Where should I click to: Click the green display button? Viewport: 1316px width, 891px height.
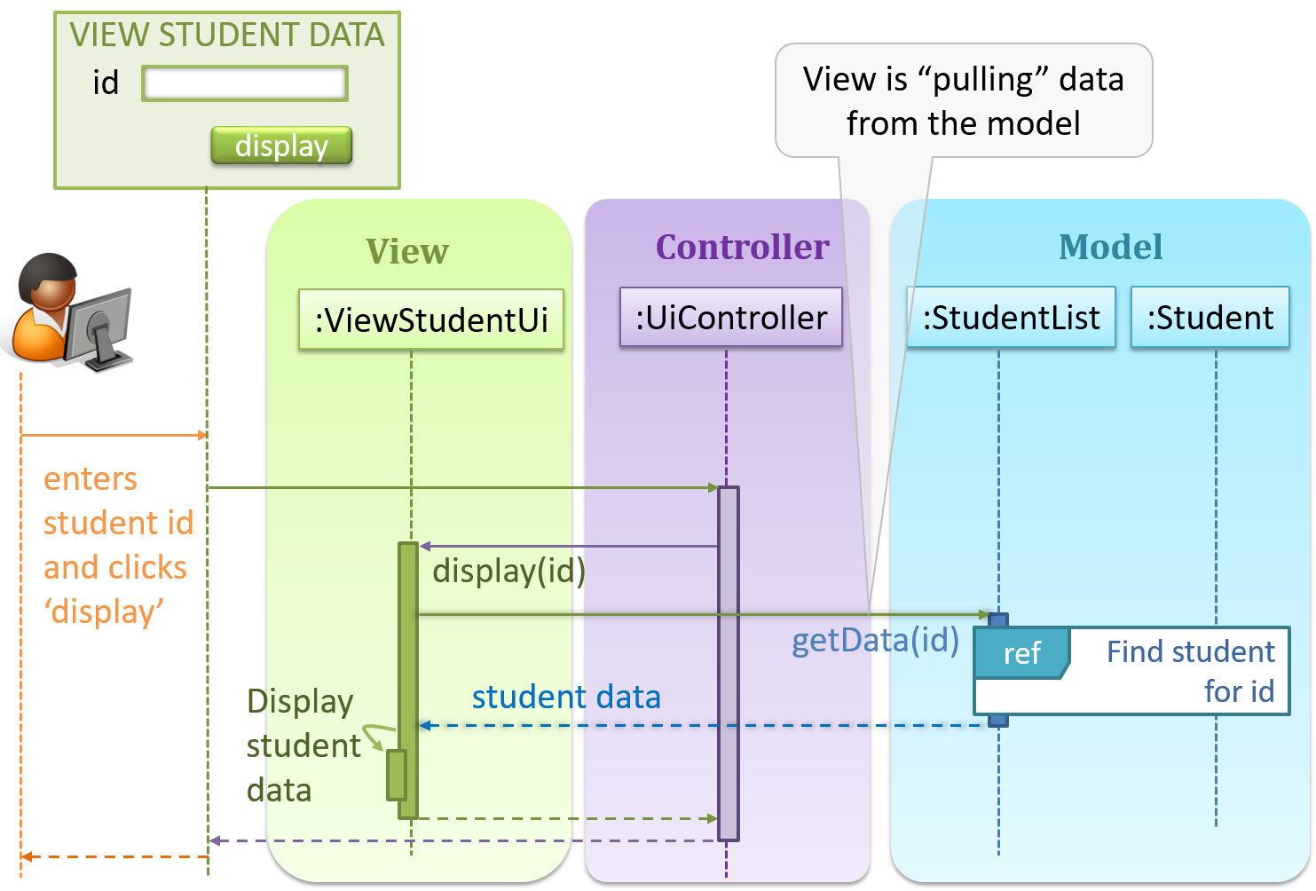click(281, 146)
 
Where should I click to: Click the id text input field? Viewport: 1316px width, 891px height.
click(244, 83)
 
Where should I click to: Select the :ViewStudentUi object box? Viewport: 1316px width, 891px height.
click(431, 319)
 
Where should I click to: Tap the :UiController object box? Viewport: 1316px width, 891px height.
click(730, 318)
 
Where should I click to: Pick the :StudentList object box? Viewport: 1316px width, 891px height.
click(1011, 318)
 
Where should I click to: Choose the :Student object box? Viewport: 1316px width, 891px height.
click(1210, 318)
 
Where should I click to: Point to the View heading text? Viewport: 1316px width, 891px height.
click(407, 252)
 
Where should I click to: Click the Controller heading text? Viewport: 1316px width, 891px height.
click(742, 248)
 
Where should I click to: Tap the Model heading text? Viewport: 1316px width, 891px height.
click(1110, 248)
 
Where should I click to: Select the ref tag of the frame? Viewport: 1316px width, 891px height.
click(1021, 653)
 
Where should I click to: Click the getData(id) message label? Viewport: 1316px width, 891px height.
click(875, 640)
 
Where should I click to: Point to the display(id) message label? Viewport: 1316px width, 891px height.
click(508, 571)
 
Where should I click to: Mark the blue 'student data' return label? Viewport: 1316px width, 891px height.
click(566, 698)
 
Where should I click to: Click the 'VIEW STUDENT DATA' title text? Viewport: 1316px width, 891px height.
click(227, 35)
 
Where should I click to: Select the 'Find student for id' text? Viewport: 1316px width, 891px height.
click(1191, 671)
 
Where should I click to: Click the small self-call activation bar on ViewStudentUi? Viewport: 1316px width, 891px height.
click(396, 775)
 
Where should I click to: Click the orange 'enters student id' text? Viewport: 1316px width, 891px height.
click(118, 501)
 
